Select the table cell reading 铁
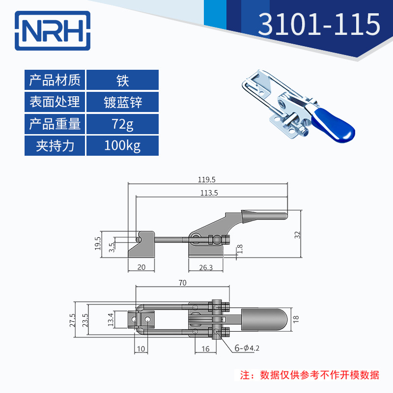[x=122, y=80]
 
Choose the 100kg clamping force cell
[x=122, y=146]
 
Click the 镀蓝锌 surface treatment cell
[x=122, y=102]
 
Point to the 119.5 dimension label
[x=206, y=180]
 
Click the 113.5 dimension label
[x=209, y=193]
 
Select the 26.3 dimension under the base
[x=207, y=268]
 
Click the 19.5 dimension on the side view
[x=97, y=243]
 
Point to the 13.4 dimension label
[x=111, y=320]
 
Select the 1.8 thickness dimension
[x=239, y=250]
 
